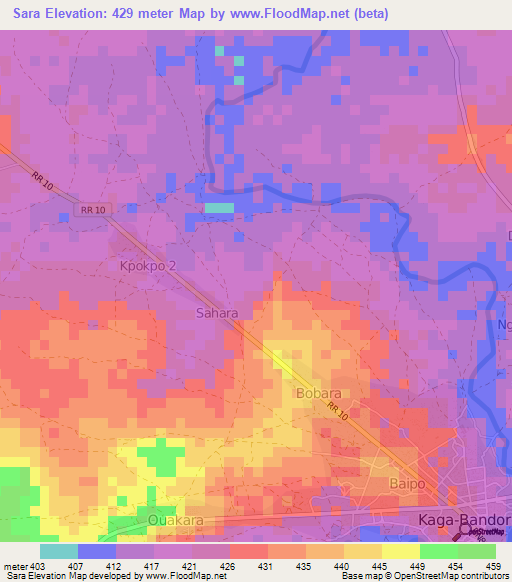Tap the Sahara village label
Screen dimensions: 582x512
pyautogui.click(x=216, y=313)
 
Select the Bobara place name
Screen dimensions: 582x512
pyautogui.click(x=320, y=393)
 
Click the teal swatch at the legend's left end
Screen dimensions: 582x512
pyautogui.click(x=58, y=551)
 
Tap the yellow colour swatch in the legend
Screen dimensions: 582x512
pyautogui.click(x=400, y=551)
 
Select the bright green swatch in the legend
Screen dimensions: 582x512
pyautogui.click(x=438, y=551)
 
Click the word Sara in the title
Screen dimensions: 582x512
pyautogui.click(x=32, y=14)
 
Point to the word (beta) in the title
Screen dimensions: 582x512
pyautogui.click(x=367, y=14)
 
